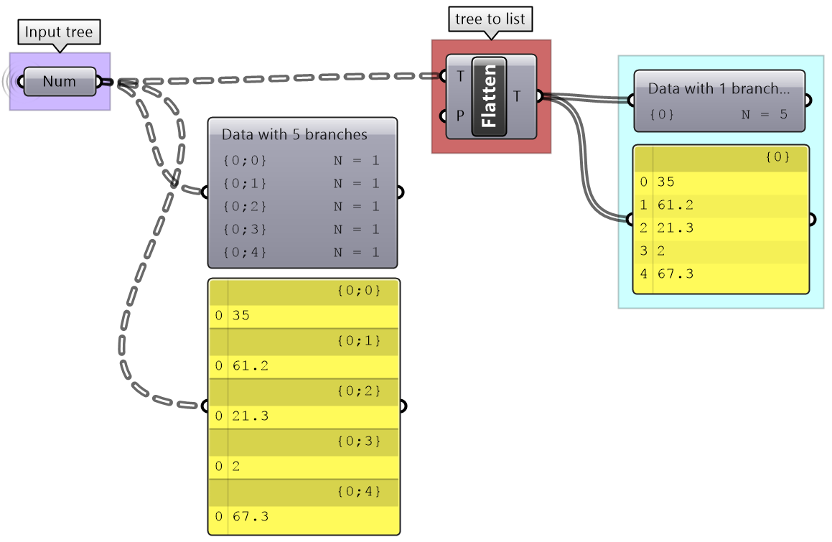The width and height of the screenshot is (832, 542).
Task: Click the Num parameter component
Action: point(59,81)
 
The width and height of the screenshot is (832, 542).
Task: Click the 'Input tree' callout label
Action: point(59,32)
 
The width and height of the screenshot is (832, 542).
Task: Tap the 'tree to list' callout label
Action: point(490,19)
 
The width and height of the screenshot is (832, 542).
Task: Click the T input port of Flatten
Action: point(444,75)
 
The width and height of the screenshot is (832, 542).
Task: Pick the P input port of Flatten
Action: point(444,115)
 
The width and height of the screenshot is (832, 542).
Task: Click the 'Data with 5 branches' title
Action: point(294,134)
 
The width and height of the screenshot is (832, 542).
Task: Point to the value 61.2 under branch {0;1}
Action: point(251,366)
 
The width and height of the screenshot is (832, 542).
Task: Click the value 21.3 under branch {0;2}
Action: point(251,416)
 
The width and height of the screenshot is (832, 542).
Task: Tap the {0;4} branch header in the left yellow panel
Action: point(358,492)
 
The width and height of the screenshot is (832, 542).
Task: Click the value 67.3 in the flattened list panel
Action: point(676,274)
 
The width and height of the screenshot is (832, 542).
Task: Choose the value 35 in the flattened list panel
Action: point(665,182)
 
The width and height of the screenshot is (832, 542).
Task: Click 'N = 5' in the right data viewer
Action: point(764,114)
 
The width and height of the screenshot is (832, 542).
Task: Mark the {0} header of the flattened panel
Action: point(777,157)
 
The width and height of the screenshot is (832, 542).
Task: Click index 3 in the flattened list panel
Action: point(644,251)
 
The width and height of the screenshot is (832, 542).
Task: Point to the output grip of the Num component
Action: point(99,82)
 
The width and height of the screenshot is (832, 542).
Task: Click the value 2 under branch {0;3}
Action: point(236,467)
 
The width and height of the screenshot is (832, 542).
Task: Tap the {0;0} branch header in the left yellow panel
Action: point(358,291)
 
